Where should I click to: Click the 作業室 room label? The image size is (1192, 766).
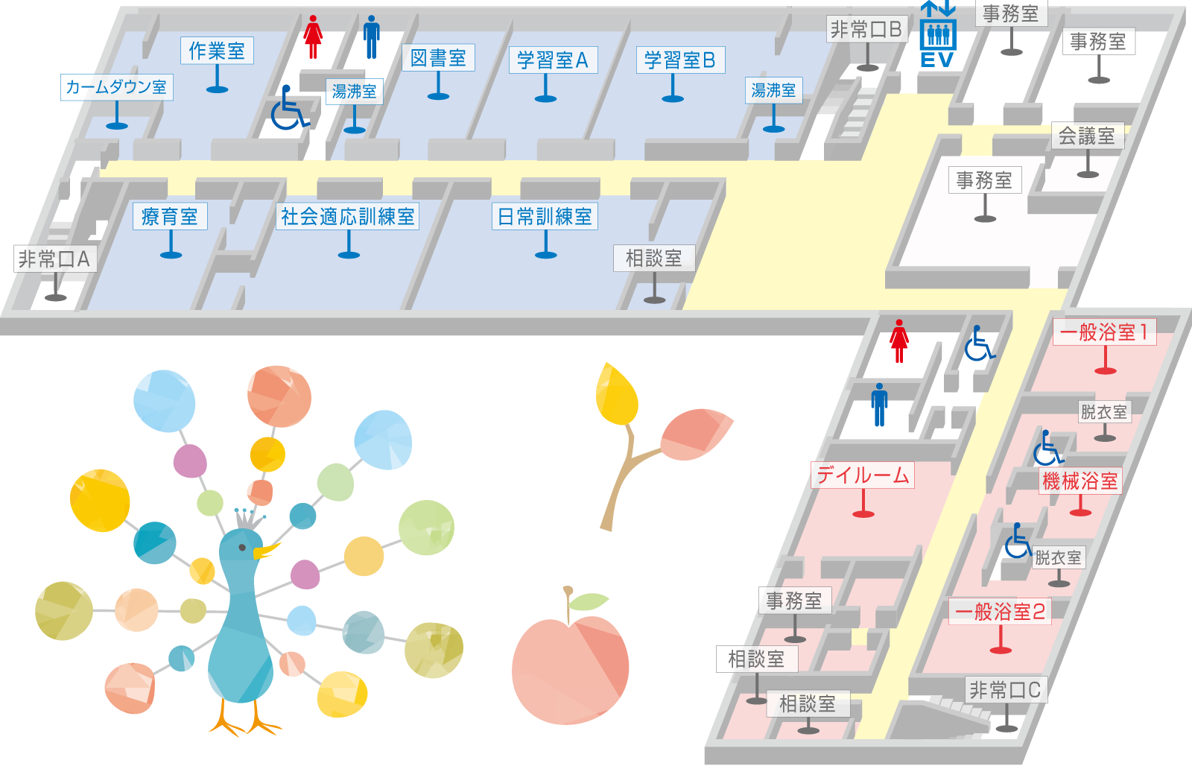click(x=217, y=51)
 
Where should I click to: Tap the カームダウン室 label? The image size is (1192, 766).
click(x=116, y=87)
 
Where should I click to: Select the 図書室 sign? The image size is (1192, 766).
click(x=438, y=58)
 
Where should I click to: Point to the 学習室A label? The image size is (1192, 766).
click(x=553, y=60)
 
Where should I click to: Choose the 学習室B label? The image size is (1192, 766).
click(x=680, y=60)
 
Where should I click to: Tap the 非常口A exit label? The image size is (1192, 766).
click(x=54, y=259)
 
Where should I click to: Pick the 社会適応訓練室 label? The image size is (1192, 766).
click(x=347, y=217)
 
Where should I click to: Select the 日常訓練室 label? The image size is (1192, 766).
click(x=545, y=217)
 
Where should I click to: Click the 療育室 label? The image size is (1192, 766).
click(x=170, y=217)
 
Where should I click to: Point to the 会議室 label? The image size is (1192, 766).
click(x=1087, y=136)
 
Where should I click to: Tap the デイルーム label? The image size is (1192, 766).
click(x=863, y=475)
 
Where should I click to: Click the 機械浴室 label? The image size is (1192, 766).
click(x=1080, y=481)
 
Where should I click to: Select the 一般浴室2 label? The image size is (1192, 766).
click(x=1000, y=613)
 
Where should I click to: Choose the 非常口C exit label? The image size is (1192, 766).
click(x=1005, y=690)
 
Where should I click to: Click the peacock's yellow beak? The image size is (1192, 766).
click(x=264, y=552)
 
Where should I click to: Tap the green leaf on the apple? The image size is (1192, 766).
click(x=589, y=601)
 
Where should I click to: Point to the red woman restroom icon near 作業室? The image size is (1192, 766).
click(x=313, y=37)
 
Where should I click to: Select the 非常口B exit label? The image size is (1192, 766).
click(x=866, y=30)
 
